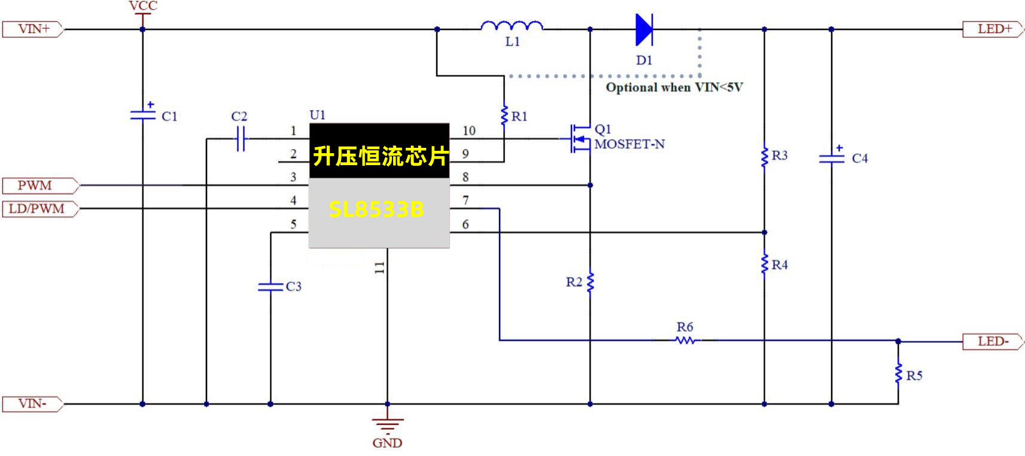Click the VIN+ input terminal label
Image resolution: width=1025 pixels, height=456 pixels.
coord(34,29)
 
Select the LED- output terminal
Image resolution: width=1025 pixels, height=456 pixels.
coord(993,342)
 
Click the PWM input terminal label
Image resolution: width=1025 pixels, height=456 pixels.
coord(36,186)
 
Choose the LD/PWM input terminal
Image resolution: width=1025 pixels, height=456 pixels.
coord(37,209)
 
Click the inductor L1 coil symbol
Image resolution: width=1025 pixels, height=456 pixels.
coord(512,26)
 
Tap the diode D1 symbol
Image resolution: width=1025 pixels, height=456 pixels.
coord(644,29)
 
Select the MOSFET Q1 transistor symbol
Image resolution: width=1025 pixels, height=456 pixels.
coord(577,138)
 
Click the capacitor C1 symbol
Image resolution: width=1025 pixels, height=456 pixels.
coord(142,114)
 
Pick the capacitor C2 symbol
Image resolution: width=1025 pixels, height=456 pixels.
coord(240,139)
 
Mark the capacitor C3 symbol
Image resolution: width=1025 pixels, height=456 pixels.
coord(270,287)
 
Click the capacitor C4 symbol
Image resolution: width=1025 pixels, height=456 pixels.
coord(831,158)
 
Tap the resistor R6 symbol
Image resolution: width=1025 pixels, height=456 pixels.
coord(685,341)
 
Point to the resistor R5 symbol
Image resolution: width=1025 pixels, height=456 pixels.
coord(898,373)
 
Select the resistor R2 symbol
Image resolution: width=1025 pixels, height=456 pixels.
coord(590,281)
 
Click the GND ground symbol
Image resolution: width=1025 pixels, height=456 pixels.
coord(387,425)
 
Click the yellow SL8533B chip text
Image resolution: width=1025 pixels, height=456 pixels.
coord(377,209)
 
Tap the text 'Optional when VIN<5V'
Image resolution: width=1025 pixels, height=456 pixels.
coord(674,87)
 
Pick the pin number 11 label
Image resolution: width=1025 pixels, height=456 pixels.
coord(379,267)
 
